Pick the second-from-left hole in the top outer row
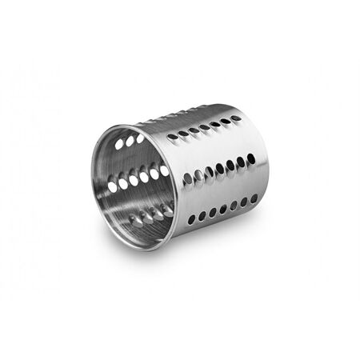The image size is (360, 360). coord(182,134)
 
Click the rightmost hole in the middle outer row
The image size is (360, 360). coord(251,158)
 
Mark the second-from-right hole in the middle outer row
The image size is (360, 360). coord(241,162)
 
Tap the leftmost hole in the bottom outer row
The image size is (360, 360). coord(192,219)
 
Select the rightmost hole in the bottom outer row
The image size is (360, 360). coord(254,198)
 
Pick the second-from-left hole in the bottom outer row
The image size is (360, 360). coord(202,216)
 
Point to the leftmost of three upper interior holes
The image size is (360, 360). coord(118,145)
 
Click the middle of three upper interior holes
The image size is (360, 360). coord(130,141)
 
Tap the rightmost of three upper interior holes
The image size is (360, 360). coord(140,138)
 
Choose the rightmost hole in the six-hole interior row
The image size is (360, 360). coord(164,170)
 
